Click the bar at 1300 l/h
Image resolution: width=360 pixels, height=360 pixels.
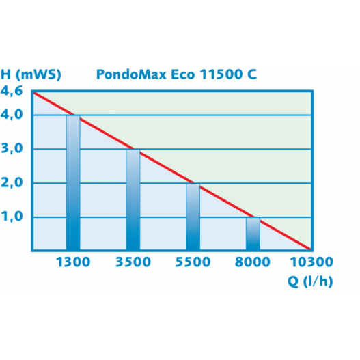[73, 183]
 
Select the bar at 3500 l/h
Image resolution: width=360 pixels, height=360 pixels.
[133, 200]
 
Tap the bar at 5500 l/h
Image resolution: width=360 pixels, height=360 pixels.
[193, 217]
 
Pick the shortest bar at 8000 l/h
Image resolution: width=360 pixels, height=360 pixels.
[253, 234]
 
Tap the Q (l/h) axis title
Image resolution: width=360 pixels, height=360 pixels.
[309, 281]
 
